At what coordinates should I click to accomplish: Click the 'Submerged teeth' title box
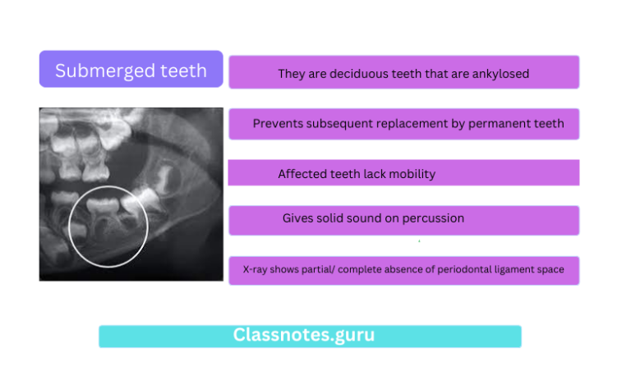point(131,70)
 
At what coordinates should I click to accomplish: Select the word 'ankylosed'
point(502,74)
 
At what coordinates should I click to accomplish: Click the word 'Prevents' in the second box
point(276,124)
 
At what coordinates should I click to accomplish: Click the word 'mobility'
point(413,174)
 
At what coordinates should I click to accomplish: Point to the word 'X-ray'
point(255,269)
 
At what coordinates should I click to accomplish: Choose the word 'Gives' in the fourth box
point(298,218)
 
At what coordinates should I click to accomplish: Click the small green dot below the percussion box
point(419,241)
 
